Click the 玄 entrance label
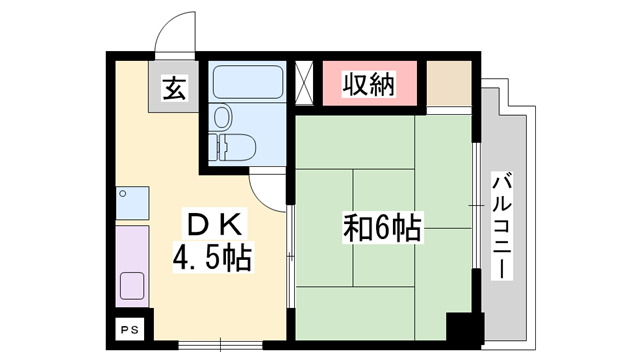173,89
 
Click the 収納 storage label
368,84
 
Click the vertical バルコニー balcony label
503,224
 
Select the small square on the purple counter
132,286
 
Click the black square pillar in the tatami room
463,329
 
